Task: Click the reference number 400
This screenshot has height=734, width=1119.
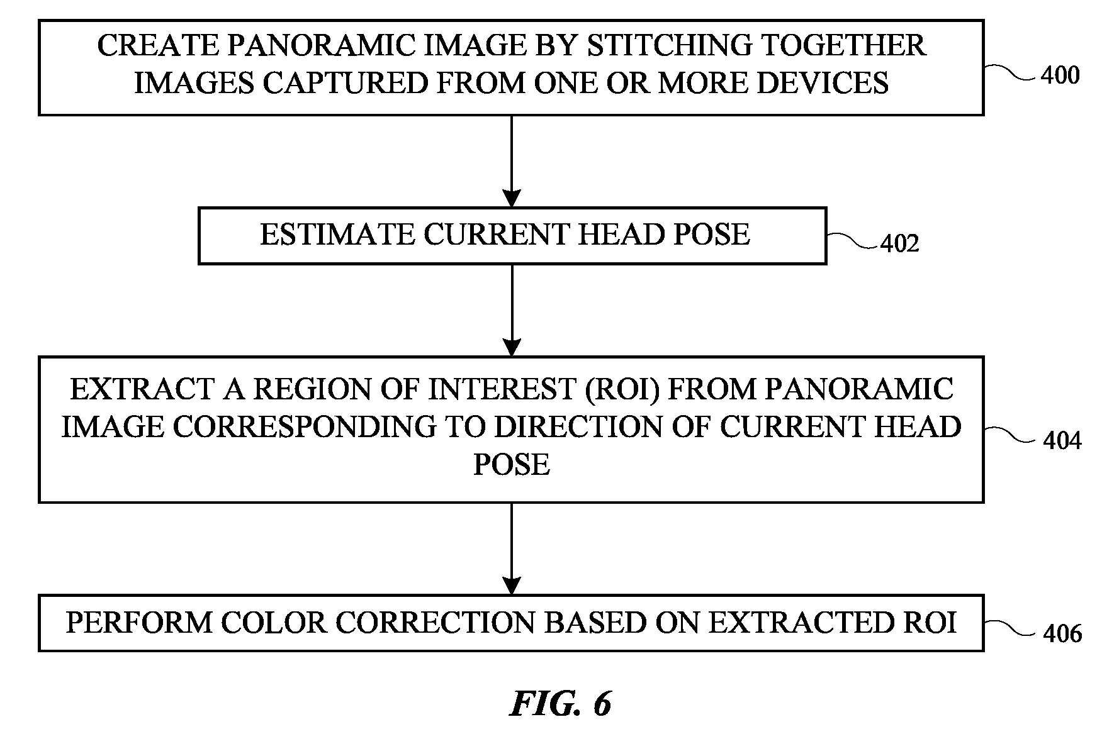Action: pyautogui.click(x=1060, y=75)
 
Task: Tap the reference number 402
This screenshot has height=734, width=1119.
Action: pyautogui.click(x=900, y=243)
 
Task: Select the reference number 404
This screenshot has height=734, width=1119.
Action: pyautogui.click(x=1062, y=441)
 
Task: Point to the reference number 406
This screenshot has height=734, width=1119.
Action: pyautogui.click(x=1062, y=633)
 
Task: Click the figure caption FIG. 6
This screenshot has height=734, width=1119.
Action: pyautogui.click(x=560, y=704)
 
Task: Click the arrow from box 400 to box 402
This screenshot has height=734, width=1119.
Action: pyautogui.click(x=512, y=162)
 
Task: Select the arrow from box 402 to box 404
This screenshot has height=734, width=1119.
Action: pyautogui.click(x=512, y=311)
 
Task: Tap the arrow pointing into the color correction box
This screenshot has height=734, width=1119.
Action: pyautogui.click(x=512, y=548)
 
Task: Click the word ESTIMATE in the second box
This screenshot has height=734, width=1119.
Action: pyautogui.click(x=337, y=235)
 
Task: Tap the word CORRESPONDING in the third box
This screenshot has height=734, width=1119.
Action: pyautogui.click(x=304, y=427)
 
